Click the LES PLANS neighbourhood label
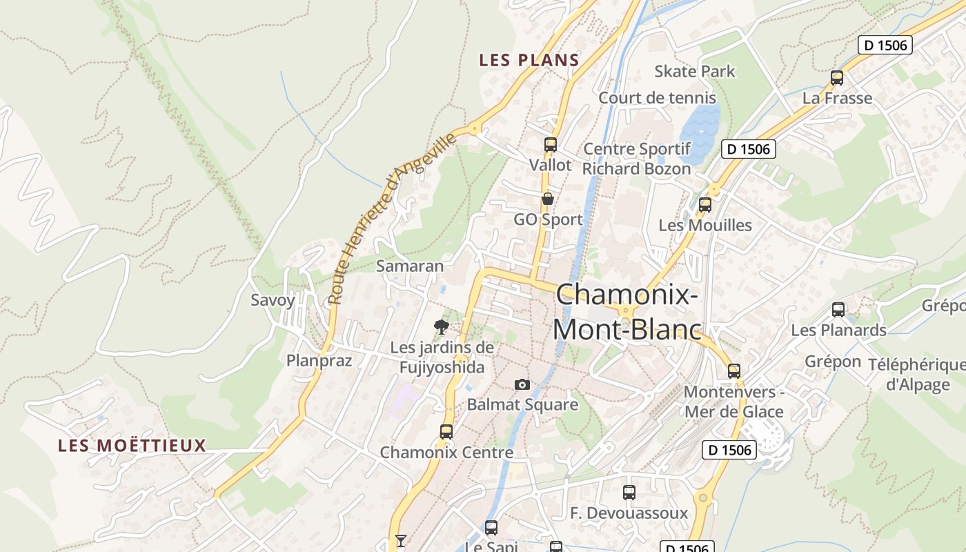pos(529,60)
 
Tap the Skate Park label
pos(694,71)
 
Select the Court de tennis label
pos(657,98)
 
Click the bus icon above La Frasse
pos(837,78)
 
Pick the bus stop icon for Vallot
pos(550,145)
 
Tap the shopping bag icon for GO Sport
pos(548,199)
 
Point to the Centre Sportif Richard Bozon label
pos(636,159)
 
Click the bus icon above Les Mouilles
pos(704,205)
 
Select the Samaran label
pos(410,266)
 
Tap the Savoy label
pos(273,300)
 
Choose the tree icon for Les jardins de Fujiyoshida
pos(442,326)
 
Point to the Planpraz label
pos(319,361)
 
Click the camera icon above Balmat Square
pos(522,384)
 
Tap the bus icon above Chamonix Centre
pos(446,433)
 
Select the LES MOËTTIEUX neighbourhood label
pos(132,446)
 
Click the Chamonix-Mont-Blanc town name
pos(627,313)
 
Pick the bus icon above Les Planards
pos(838,310)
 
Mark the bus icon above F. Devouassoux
pos(629,493)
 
